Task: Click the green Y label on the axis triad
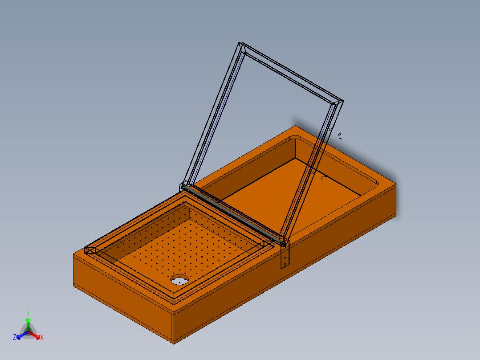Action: click(x=28, y=313)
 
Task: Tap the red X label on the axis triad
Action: click(x=42, y=337)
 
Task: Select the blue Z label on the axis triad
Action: click(x=15, y=337)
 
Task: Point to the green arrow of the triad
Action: click(x=28, y=324)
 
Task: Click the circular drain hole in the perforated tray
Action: click(x=179, y=280)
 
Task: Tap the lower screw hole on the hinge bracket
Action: click(x=285, y=264)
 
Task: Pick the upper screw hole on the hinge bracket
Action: click(x=285, y=258)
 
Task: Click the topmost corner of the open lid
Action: click(x=240, y=43)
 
